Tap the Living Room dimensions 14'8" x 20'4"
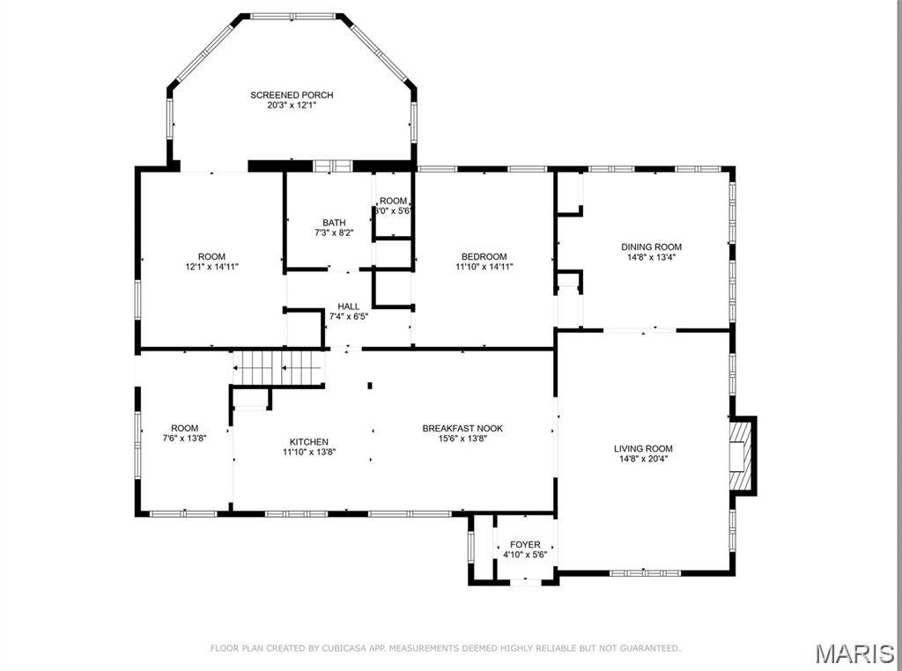tap(643, 458)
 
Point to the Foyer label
tap(525, 545)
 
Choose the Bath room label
tap(334, 223)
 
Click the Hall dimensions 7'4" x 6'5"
tap(348, 316)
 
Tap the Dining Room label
tap(651, 247)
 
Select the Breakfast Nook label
tap(462, 429)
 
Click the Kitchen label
tap(309, 442)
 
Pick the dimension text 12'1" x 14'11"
tap(211, 266)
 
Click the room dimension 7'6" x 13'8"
tap(185, 438)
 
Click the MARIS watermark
tap(854, 653)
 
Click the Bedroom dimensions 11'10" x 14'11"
tap(484, 266)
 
